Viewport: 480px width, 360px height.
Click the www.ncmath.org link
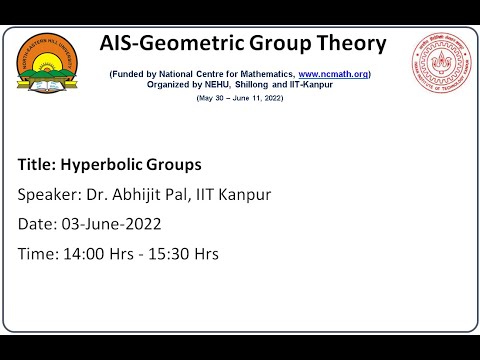click(x=333, y=74)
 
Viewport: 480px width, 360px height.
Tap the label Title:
click(x=37, y=164)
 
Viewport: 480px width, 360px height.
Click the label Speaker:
click(x=51, y=194)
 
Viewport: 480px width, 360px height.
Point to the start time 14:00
click(x=82, y=254)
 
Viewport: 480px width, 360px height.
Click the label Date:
click(x=36, y=224)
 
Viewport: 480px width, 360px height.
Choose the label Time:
click(x=37, y=254)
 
